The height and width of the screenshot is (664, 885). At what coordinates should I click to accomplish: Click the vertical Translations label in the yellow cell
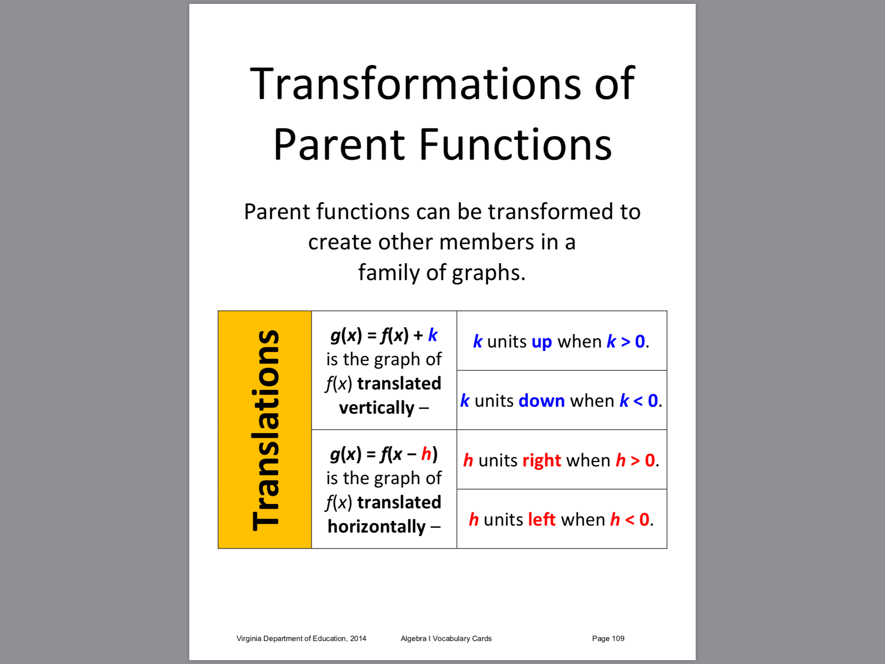pos(265,430)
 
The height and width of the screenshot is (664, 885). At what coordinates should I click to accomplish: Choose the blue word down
pos(541,401)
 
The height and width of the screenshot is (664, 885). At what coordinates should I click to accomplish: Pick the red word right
pos(541,461)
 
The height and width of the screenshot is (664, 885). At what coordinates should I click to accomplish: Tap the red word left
pos(541,519)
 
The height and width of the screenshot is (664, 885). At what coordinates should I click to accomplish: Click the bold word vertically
pos(376,408)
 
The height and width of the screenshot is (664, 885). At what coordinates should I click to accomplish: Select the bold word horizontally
pos(376,527)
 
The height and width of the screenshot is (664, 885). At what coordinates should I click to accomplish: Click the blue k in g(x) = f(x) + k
pos(433,335)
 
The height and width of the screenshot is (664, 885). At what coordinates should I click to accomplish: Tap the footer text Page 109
pos(608,638)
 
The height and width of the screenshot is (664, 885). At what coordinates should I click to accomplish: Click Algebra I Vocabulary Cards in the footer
pos(446,638)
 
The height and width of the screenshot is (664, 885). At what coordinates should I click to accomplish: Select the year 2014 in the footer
pos(358,638)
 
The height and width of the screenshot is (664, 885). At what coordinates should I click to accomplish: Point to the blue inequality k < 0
pos(639,401)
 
